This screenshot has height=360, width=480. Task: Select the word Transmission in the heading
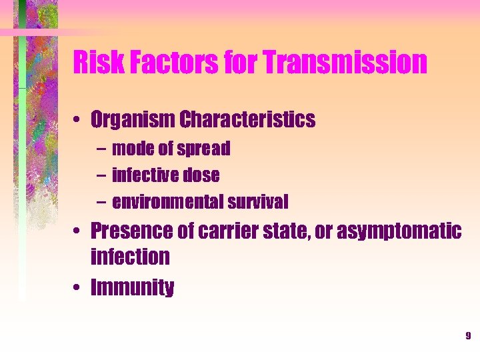coord(345,63)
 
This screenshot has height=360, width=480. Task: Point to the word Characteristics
coord(246,120)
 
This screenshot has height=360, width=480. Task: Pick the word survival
coord(258,201)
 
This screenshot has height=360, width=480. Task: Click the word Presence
coord(132,231)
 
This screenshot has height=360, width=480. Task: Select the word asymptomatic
coord(399,231)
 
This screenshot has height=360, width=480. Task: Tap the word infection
coord(130,256)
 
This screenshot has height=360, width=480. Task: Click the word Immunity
coord(132,288)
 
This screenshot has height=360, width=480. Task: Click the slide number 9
coord(468,336)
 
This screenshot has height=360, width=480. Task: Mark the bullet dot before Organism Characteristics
coord(79,121)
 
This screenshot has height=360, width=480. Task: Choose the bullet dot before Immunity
coord(79,289)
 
